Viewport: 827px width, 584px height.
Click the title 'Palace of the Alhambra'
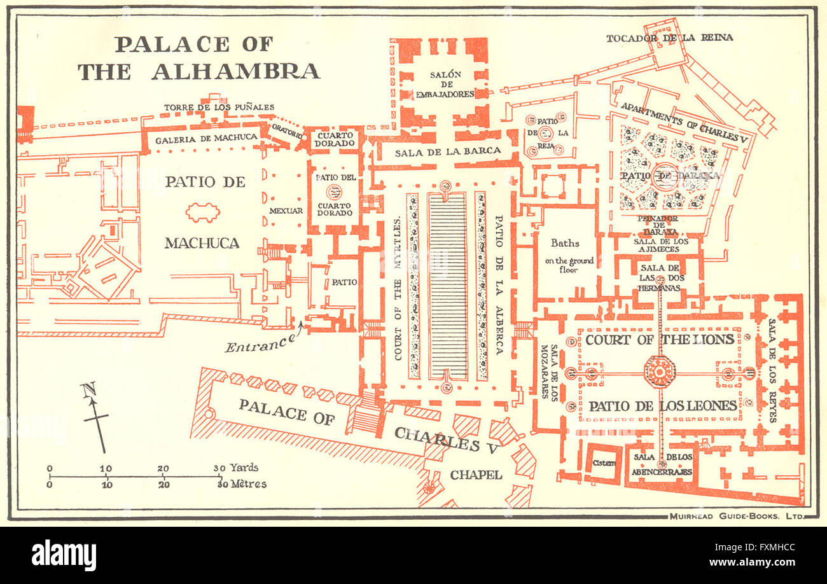(198, 58)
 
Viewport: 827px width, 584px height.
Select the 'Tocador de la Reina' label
(669, 38)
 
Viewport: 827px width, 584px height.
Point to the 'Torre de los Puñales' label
(219, 107)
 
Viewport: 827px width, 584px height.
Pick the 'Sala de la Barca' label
(448, 152)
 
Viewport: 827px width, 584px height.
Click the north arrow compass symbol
(96, 417)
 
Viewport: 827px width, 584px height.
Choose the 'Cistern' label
(602, 462)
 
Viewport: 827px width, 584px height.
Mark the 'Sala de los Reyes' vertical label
(772, 370)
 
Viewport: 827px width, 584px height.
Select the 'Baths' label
(565, 243)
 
